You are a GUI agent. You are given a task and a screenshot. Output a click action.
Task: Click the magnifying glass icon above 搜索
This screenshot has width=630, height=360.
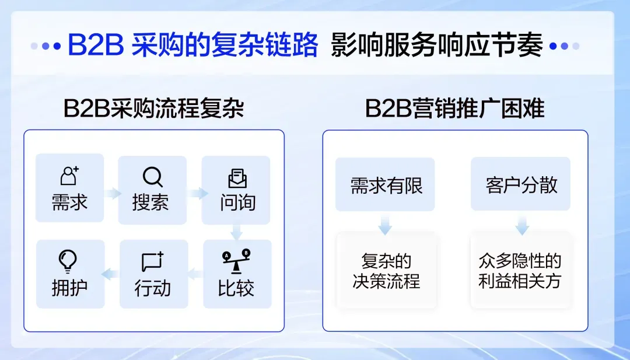(153, 177)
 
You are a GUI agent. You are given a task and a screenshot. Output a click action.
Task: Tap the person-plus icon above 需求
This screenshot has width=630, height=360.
(69, 176)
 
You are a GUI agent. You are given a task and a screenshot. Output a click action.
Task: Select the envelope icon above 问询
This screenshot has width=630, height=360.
(237, 178)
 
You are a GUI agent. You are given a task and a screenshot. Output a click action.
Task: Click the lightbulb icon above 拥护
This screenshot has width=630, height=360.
(68, 261)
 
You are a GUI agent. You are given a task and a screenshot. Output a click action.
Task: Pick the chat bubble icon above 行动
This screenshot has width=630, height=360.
(153, 261)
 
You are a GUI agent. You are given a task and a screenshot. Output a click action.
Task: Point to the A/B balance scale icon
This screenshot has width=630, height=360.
(237, 261)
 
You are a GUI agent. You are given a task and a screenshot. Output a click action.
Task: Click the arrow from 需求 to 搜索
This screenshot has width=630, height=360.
(113, 193)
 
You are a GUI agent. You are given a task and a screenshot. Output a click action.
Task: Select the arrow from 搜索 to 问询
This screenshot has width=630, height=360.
(198, 193)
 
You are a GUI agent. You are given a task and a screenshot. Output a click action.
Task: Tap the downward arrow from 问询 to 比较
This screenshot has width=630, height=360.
(236, 232)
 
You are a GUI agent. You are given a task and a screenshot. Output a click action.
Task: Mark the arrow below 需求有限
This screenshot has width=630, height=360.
(385, 225)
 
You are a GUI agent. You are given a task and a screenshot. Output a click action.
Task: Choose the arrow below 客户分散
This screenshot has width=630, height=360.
(522, 225)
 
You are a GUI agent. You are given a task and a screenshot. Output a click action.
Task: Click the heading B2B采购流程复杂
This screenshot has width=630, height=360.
(154, 108)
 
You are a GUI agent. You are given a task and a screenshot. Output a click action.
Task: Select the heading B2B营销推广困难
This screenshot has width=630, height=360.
(455, 108)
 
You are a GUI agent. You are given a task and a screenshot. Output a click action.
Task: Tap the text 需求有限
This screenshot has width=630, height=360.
(386, 186)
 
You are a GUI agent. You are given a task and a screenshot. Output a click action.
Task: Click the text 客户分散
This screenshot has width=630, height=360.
(521, 185)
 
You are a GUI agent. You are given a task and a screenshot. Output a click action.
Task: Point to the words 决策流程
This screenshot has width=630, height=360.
(386, 281)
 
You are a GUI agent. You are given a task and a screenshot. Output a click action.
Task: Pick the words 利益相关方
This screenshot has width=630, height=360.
(520, 281)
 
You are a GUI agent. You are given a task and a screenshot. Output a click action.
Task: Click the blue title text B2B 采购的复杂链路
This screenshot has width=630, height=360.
(193, 44)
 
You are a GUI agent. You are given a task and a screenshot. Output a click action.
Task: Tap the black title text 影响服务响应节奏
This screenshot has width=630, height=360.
(437, 44)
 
